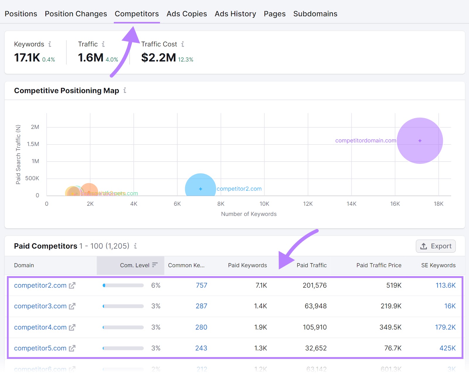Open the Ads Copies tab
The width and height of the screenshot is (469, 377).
pos(186,14)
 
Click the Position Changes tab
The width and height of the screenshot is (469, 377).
pos(76,14)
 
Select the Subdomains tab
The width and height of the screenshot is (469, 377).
pos(315,14)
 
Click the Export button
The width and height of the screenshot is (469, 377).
pos(436,246)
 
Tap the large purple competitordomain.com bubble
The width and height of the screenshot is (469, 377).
pos(420,141)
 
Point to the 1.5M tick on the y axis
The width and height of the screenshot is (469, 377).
pos(33,144)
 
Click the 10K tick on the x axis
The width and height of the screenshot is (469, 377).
pos(264,204)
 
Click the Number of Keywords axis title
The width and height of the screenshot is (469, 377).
pos(249,214)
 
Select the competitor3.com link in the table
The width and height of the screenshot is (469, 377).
pos(40,306)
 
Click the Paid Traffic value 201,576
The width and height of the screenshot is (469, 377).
pos(315,285)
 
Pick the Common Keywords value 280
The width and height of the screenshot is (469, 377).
pos(201,327)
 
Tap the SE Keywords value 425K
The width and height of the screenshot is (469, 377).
pos(447,348)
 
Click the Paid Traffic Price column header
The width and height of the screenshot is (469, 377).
pos(379,265)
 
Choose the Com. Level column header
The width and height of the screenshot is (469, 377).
pos(135,265)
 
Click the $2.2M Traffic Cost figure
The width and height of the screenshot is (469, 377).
pos(159,57)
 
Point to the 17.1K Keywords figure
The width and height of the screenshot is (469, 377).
pos(27,57)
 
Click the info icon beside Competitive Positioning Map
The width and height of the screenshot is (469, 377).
pos(125,90)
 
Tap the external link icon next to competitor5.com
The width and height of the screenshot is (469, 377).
pos(72,348)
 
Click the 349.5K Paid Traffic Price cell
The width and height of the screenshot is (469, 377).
pos(390,327)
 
